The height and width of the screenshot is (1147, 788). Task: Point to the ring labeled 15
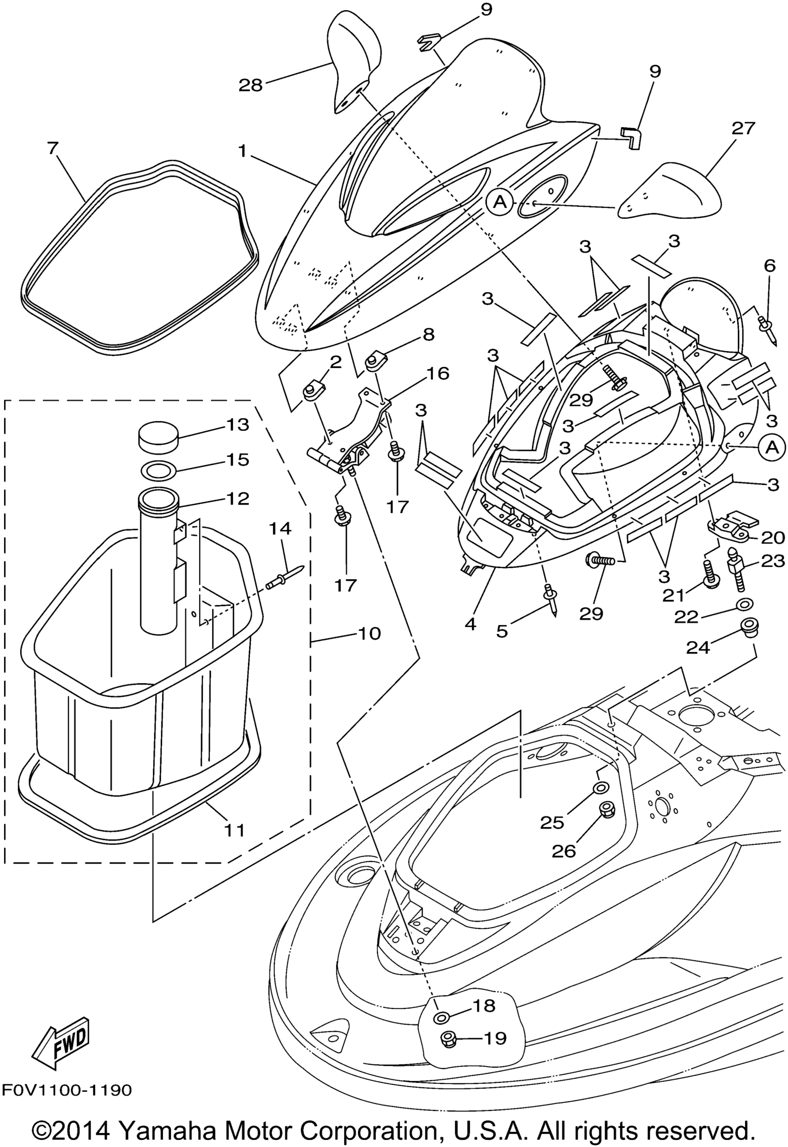[x=158, y=469]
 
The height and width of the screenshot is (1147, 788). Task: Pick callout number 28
[x=250, y=85]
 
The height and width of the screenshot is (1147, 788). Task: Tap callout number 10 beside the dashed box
[x=369, y=633]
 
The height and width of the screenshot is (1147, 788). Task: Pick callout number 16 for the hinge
[x=438, y=373]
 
